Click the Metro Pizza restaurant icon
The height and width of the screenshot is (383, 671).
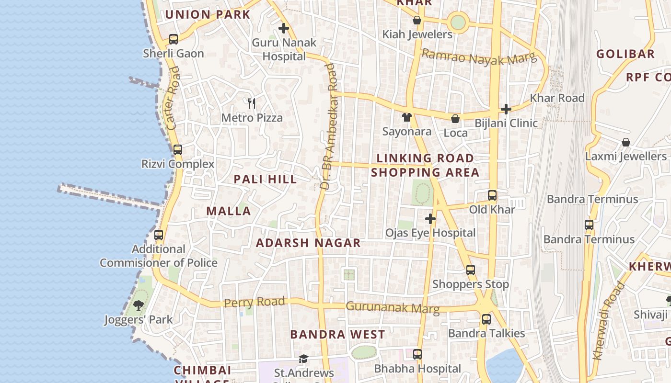click(252, 103)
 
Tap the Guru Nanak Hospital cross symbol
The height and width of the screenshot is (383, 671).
click(284, 28)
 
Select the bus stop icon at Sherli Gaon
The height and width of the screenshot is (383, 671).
click(174, 39)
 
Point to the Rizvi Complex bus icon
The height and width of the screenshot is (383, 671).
click(178, 150)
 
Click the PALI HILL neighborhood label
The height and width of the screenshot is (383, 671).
click(265, 180)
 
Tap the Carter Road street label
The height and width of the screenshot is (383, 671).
click(174, 98)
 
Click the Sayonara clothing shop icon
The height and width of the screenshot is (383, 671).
click(407, 117)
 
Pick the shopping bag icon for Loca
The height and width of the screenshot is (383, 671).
click(455, 119)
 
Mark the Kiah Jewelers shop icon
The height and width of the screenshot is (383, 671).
click(417, 20)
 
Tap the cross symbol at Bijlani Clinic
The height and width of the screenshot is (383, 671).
click(506, 109)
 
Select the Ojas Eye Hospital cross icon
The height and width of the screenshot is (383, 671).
click(430, 219)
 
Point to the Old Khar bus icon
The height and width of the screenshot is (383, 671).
click(492, 195)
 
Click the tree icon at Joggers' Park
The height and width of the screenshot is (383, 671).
click(139, 305)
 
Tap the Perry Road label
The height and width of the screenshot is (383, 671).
click(255, 302)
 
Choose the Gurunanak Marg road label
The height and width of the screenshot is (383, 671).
click(393, 307)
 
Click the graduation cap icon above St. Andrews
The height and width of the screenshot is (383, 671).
click(303, 359)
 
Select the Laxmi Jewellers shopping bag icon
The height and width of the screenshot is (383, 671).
click(625, 142)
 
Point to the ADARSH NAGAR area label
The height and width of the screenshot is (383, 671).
click(308, 243)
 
